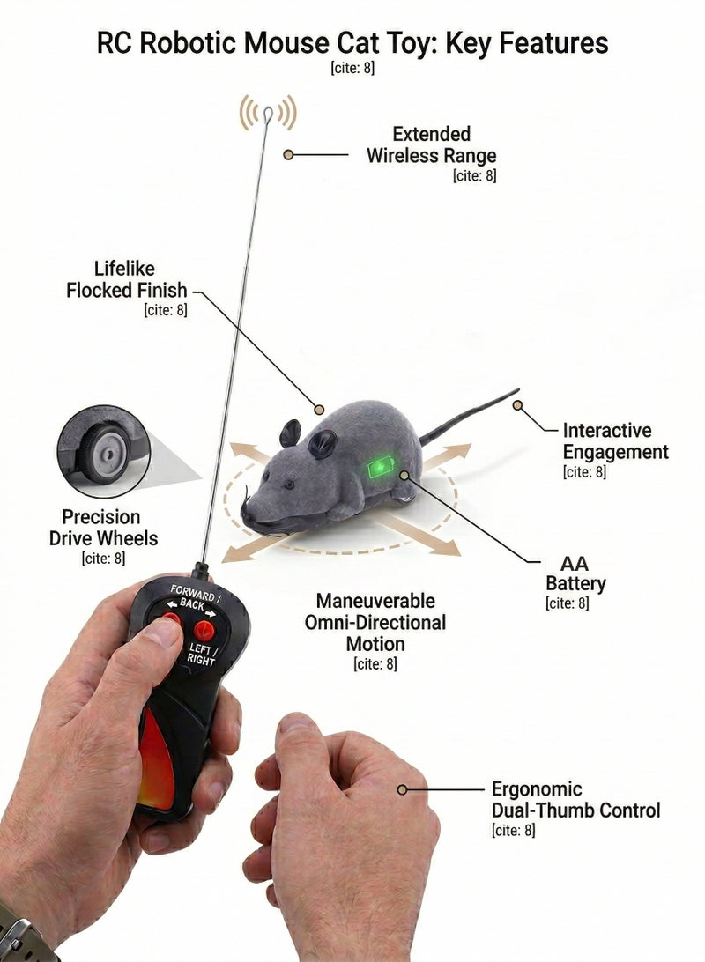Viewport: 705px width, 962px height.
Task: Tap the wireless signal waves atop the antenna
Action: (x=268, y=112)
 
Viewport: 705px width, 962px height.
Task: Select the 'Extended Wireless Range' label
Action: (x=431, y=144)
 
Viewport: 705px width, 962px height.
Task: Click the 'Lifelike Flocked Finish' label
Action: (x=126, y=279)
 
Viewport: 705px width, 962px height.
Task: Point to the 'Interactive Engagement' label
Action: (x=615, y=441)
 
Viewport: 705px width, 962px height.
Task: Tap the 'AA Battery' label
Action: (x=575, y=573)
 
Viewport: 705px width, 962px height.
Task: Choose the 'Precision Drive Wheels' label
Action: (x=103, y=528)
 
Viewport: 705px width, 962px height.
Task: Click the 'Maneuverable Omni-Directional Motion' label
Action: (x=375, y=622)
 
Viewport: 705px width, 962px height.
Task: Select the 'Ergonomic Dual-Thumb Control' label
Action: (x=575, y=799)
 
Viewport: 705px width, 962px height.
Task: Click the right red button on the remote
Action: (x=204, y=630)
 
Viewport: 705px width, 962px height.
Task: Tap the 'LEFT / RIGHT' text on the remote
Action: (x=202, y=654)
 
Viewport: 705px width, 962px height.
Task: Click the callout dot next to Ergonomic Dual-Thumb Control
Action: (x=403, y=789)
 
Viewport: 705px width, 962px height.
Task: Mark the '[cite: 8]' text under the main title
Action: (x=352, y=68)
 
